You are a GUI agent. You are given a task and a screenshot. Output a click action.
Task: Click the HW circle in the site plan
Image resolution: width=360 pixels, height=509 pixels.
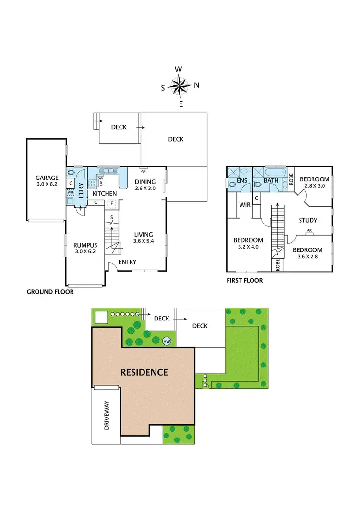coord(167,341)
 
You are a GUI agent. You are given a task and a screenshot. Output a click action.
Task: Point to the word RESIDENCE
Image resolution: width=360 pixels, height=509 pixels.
coord(144,372)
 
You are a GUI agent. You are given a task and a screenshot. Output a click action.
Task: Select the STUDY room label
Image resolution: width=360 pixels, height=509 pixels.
coord(308,221)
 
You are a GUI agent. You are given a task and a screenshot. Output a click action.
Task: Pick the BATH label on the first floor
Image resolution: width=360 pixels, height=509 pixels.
coord(271,181)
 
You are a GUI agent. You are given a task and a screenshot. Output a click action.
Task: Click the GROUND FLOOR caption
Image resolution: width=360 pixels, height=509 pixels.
coord(50,291)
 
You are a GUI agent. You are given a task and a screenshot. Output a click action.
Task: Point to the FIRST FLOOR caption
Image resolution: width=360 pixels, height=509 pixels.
coord(244,281)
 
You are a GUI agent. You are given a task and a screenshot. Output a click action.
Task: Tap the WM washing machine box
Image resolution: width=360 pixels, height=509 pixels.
coord(70,192)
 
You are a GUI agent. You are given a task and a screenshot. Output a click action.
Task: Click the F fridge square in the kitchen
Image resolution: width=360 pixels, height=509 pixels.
coord(111,203)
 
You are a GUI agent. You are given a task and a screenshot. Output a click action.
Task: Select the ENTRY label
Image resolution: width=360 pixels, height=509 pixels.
coord(127,262)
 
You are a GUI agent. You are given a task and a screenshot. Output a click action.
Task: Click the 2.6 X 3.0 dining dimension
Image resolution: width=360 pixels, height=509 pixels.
coord(144,189)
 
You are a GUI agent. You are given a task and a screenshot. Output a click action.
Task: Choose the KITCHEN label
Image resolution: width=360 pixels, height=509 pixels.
coord(105,193)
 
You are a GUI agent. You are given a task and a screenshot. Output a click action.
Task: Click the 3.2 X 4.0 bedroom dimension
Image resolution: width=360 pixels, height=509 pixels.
coord(248,248)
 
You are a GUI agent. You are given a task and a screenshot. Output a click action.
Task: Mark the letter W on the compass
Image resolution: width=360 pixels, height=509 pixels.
coord(178,69)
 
